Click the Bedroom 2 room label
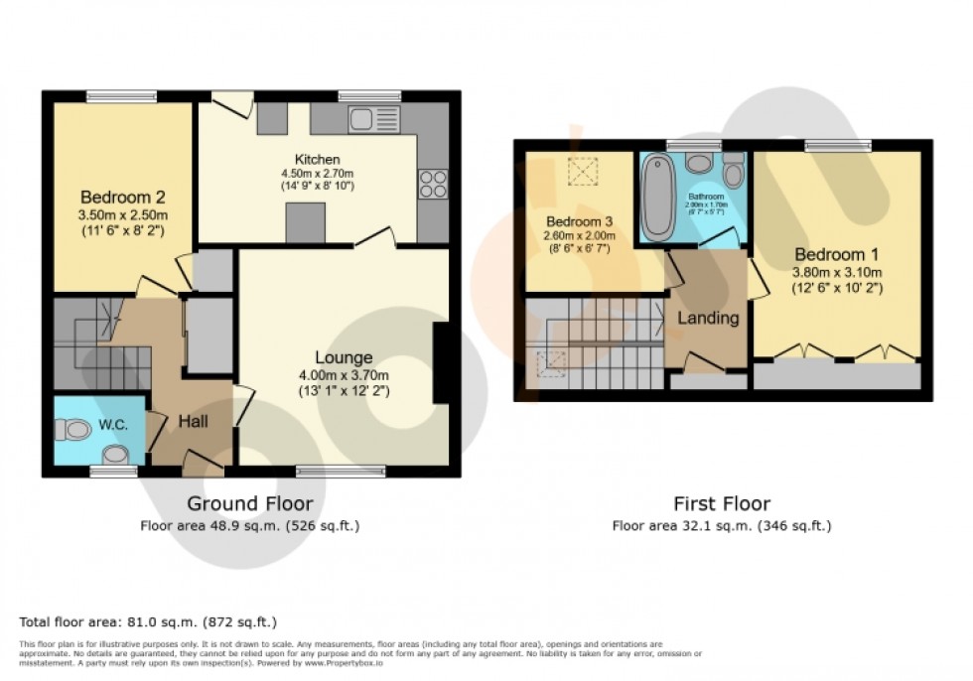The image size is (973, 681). tap(124, 197)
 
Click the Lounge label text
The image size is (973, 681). tap(344, 357)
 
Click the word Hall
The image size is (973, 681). tap(193, 422)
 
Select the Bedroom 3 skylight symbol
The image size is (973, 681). tap(580, 172)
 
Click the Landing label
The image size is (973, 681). tap(707, 319)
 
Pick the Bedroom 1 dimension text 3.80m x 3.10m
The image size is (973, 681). tap(837, 272)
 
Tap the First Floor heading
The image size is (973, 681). tap(721, 503)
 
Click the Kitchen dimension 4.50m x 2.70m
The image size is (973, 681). tap(318, 173)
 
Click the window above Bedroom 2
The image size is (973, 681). tap(116, 96)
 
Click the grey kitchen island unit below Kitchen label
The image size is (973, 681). tap(305, 223)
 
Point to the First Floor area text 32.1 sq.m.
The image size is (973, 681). tap(721, 526)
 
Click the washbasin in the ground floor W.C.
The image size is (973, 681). tap(116, 456)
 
